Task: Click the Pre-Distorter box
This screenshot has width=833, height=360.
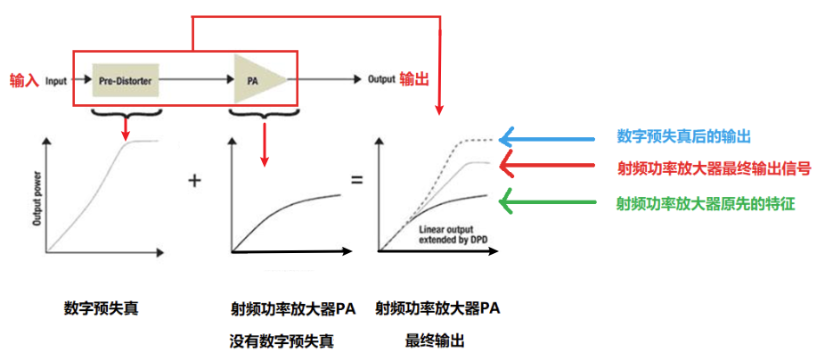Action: tap(126, 81)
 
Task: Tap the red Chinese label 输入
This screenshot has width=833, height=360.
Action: tap(23, 80)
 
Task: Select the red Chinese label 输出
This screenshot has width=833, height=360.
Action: tap(414, 79)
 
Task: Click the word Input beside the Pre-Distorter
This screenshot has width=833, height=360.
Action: tap(57, 81)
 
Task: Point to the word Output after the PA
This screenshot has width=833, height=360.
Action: tap(380, 79)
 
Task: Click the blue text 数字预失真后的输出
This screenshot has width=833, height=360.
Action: tap(683, 136)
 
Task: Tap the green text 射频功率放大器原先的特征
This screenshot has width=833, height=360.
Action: tap(705, 203)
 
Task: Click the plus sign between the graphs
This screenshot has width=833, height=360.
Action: tap(195, 181)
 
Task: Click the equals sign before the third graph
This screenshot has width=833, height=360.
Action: tap(357, 181)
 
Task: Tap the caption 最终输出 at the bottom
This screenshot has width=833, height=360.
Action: tap(436, 340)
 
